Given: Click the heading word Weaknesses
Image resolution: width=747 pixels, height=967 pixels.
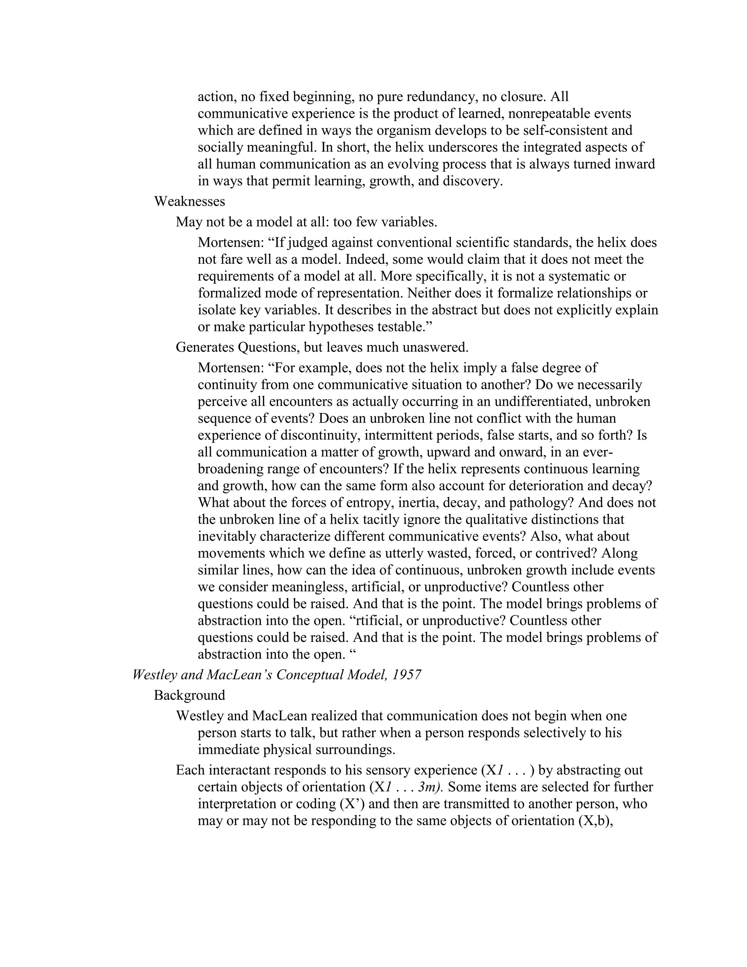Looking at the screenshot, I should tap(189, 202).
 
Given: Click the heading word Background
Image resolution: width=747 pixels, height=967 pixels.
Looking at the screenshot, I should tap(189, 696).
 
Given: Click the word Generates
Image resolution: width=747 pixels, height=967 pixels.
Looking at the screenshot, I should tap(205, 347).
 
